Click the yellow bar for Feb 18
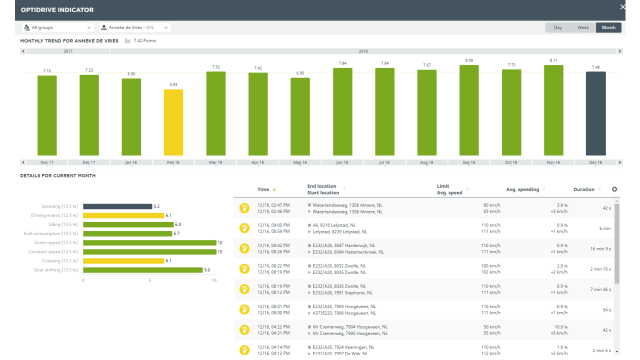(173, 122)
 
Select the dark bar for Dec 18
(595, 113)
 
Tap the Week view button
(583, 27)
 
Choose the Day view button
(557, 27)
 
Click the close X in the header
(622, 7)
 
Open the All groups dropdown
(57, 27)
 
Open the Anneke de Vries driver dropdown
(134, 27)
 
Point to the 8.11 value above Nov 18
(553, 60)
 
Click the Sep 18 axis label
(469, 162)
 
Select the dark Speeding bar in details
(117, 206)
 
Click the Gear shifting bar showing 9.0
(142, 270)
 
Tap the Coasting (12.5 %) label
(58, 261)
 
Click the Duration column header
(583, 189)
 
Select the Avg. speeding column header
(522, 189)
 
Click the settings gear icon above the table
(614, 189)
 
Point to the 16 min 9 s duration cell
(600, 249)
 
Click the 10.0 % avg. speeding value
(561, 327)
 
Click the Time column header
(263, 189)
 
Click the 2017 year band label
(68, 51)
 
